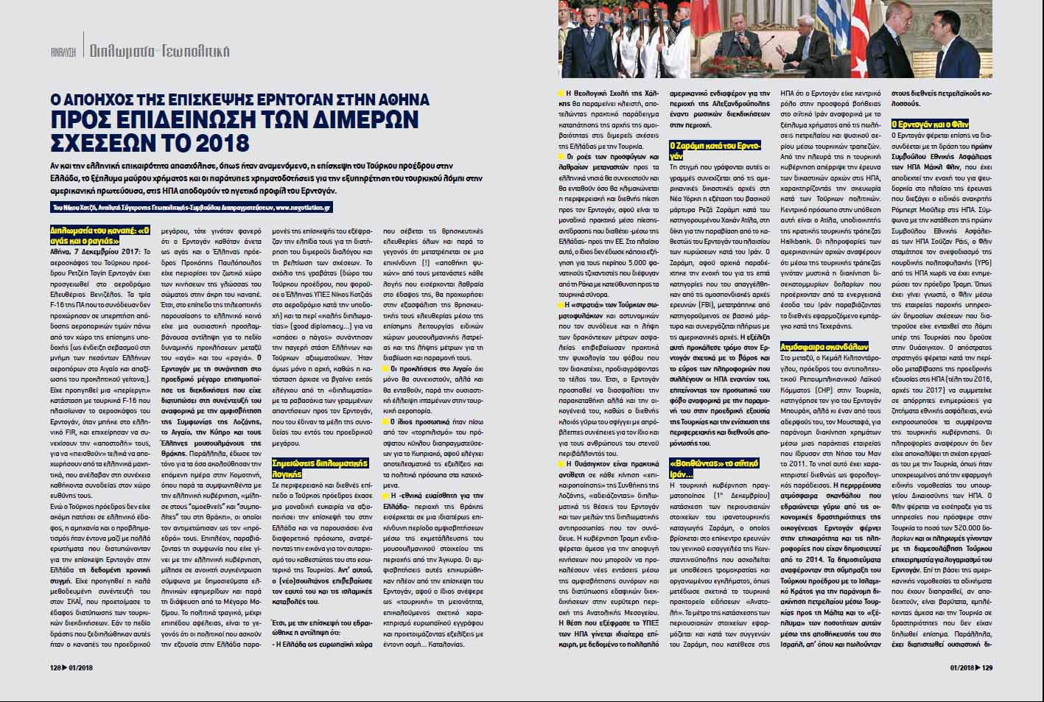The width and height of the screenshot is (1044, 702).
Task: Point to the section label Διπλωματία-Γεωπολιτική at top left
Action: [159, 52]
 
